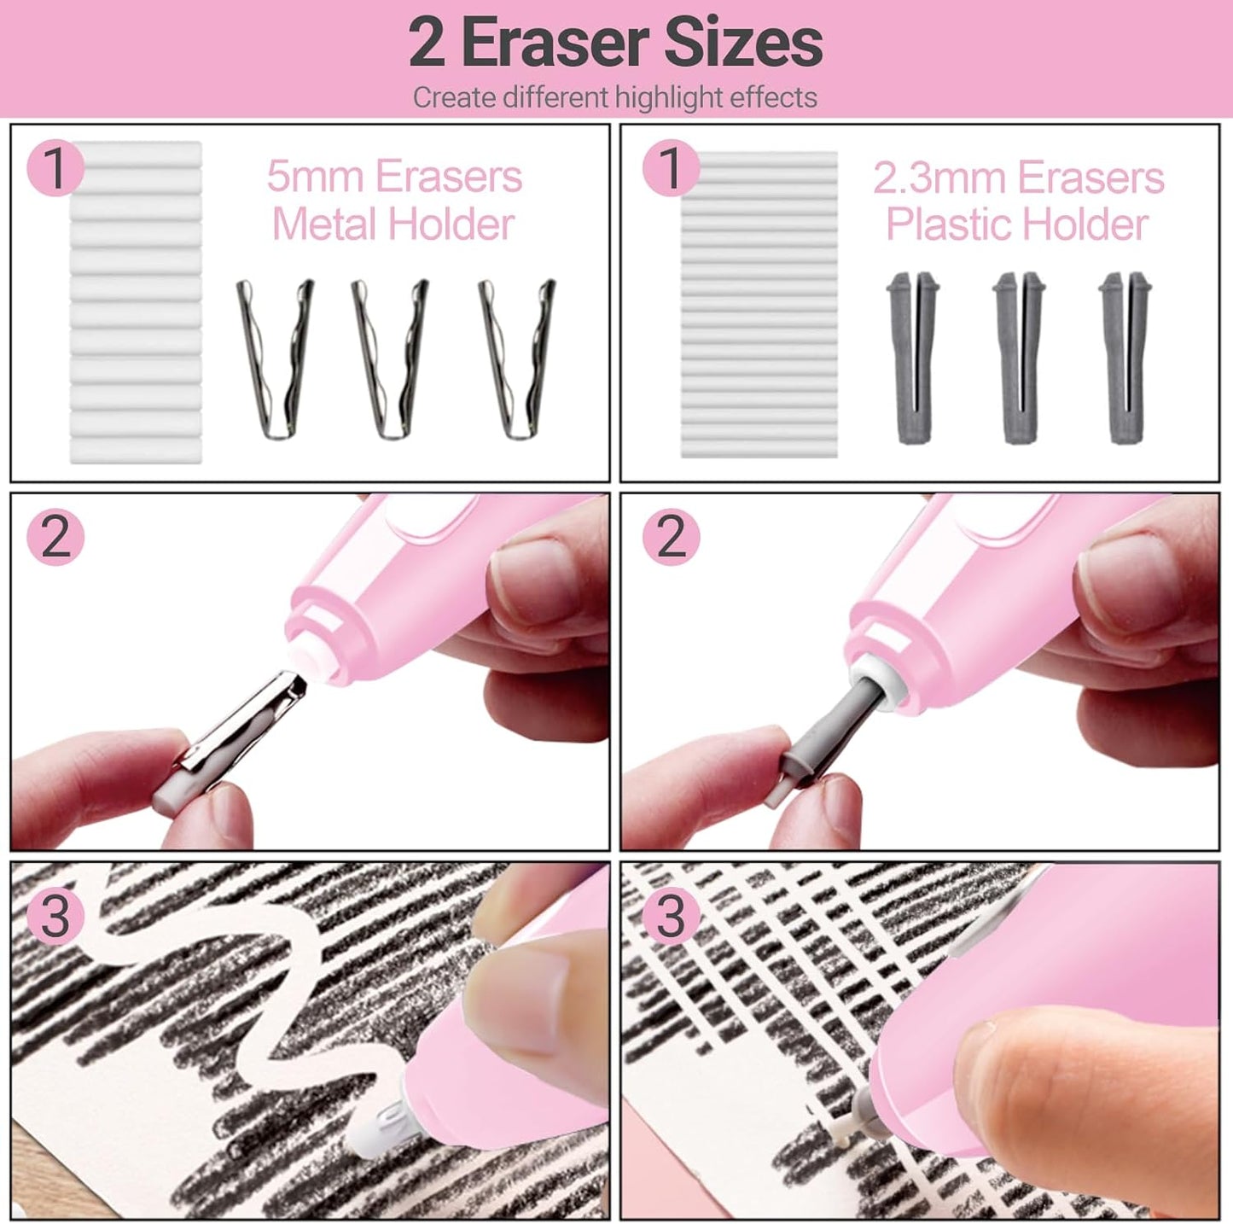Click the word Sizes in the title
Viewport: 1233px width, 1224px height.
[742, 44]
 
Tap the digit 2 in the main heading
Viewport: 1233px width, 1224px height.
[427, 44]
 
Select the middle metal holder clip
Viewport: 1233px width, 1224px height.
[390, 358]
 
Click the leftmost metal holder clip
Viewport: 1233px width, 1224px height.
[275, 358]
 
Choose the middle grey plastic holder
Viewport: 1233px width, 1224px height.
[1019, 358]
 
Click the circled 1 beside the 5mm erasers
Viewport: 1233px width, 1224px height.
[55, 168]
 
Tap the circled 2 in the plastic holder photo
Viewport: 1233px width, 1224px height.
[671, 537]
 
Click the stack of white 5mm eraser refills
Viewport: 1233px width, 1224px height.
[136, 303]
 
